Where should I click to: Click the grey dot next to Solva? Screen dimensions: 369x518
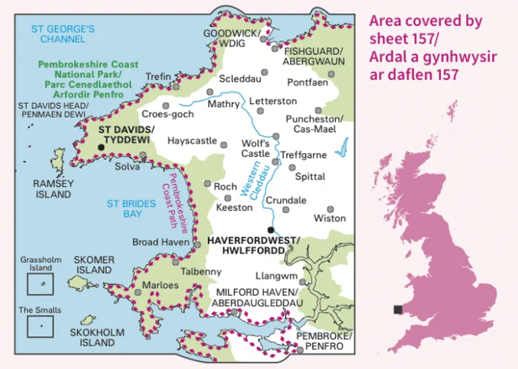pyautogui.click(x=143, y=155)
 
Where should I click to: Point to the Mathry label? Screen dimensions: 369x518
pyautogui.click(x=223, y=104)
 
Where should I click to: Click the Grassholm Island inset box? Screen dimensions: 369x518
pyautogui.click(x=40, y=284)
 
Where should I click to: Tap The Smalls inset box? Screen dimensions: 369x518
pyautogui.click(x=40, y=326)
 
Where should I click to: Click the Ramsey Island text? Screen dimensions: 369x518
pyautogui.click(x=53, y=189)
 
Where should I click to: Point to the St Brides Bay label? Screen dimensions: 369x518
pyautogui.click(x=131, y=208)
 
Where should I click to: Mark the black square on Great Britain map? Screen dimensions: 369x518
pyautogui.click(x=398, y=309)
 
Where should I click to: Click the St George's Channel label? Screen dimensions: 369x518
pyautogui.click(x=63, y=34)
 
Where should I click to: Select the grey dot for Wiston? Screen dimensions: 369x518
pyautogui.click(x=330, y=210)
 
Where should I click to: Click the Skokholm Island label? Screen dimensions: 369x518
pyautogui.click(x=93, y=337)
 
